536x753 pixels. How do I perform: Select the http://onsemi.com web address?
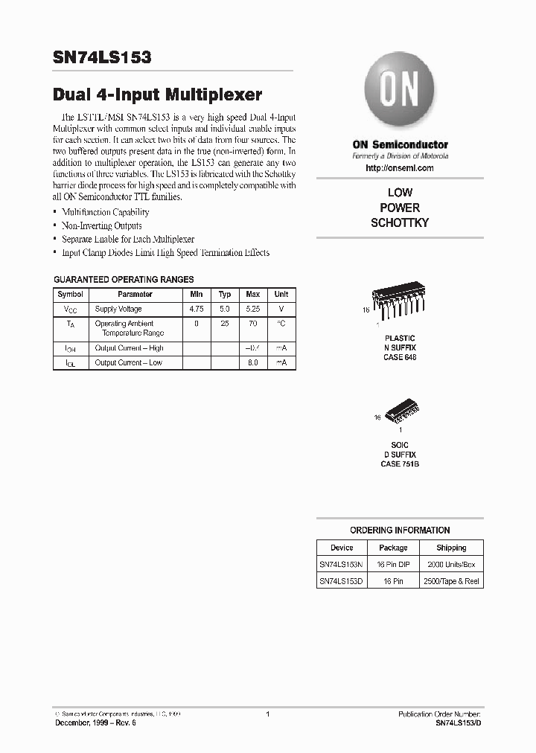[x=400, y=168]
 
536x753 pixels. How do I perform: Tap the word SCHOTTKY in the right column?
[x=400, y=222]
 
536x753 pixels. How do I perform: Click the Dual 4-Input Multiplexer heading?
[x=157, y=95]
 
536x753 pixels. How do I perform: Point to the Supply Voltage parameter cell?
[x=118, y=309]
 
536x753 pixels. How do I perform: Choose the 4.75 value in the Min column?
[x=197, y=309]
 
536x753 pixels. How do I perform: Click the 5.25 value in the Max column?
[x=252, y=309]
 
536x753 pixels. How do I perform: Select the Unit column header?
[x=281, y=294]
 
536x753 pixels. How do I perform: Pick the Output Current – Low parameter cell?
[x=128, y=362]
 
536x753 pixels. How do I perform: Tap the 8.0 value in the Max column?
[x=252, y=362]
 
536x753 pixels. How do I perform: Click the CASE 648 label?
[x=400, y=358]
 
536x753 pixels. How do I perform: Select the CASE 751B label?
[x=400, y=464]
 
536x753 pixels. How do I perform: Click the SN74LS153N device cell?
[x=342, y=565]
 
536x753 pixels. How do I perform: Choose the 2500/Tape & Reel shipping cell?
[x=451, y=581]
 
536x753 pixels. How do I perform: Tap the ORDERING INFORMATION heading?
[x=400, y=531]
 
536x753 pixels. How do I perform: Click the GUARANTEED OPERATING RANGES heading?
[x=124, y=279]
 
